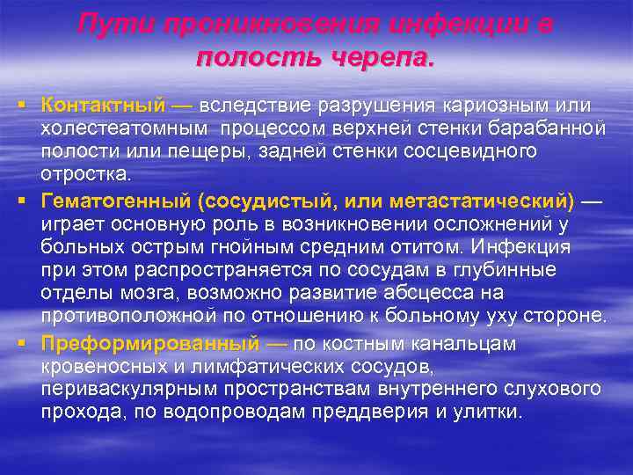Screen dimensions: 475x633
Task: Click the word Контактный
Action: [x=103, y=106]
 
